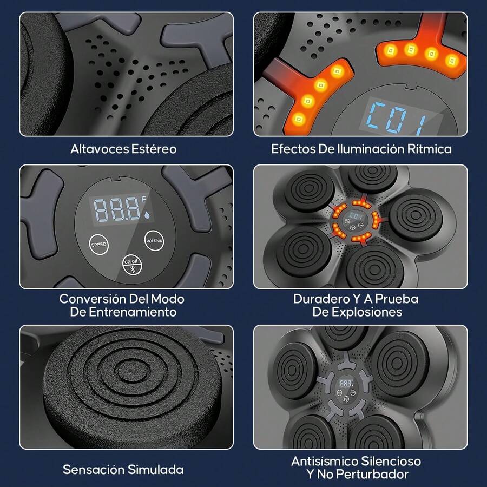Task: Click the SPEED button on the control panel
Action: [99, 245]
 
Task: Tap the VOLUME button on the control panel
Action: [153, 240]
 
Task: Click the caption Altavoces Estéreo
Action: [123, 149]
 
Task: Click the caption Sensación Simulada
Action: [123, 469]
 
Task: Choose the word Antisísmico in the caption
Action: [324, 462]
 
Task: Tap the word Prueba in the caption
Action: [398, 299]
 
